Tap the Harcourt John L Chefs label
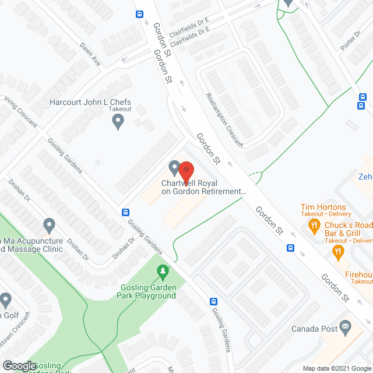(x=90, y=101)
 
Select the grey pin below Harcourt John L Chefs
(x=118, y=122)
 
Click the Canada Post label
(x=314, y=329)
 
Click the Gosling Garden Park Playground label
(x=148, y=291)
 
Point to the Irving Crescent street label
(x=21, y=112)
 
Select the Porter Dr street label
(x=351, y=41)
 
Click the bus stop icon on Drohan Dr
(x=125, y=212)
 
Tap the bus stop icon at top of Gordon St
(x=139, y=15)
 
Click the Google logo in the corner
(x=19, y=365)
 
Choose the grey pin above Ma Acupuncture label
(x=49, y=224)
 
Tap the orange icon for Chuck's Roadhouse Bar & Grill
(x=337, y=252)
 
